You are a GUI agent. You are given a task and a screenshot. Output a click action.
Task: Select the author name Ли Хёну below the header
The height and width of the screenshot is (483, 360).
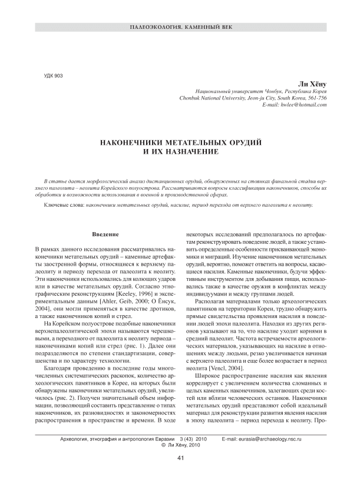coord(313,84)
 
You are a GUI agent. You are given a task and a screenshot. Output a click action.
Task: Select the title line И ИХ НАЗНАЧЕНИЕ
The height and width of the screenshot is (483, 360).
coord(180,151)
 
